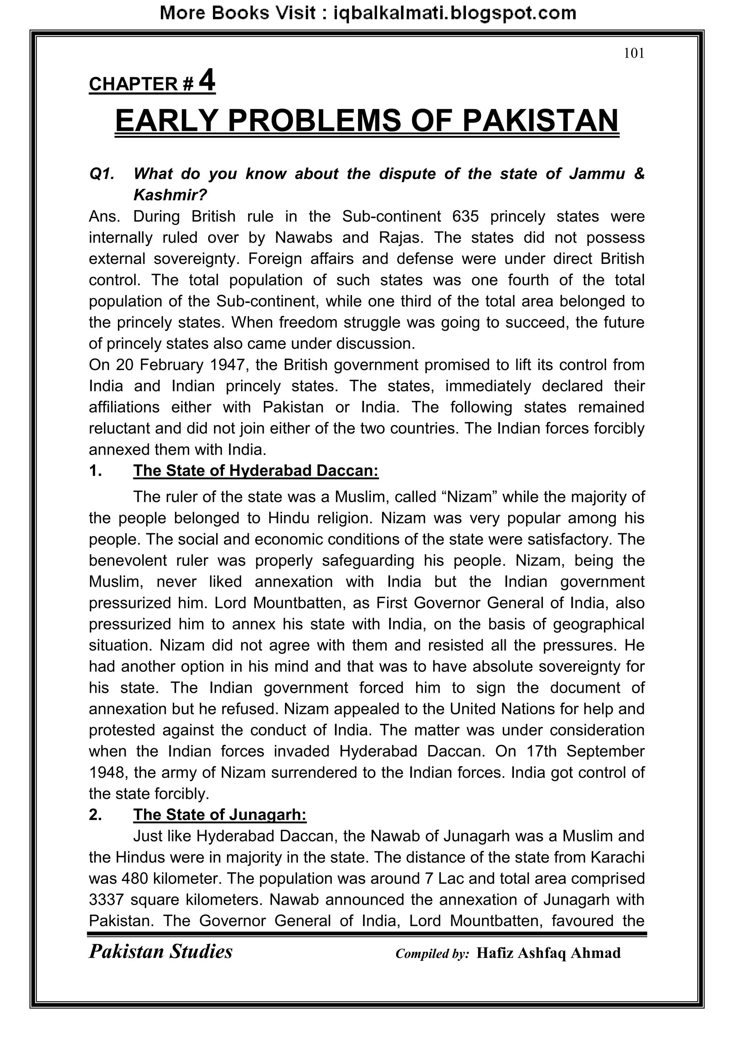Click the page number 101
(634, 53)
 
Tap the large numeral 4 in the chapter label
(207, 81)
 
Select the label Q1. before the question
(102, 174)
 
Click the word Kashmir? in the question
(170, 195)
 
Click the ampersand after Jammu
(639, 174)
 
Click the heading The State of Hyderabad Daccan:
(256, 471)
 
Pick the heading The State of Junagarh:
(220, 815)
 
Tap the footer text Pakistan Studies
(161, 952)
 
